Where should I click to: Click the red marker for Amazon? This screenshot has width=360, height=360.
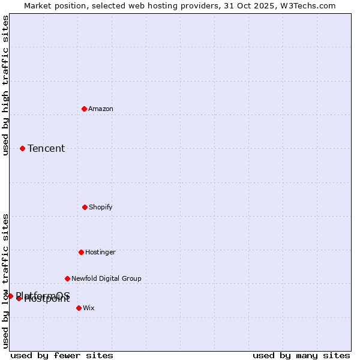point(84,109)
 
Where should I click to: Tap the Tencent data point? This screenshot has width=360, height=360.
point(22,148)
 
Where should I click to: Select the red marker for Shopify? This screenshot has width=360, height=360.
point(85,207)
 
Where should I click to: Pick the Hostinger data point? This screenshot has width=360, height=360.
point(81,252)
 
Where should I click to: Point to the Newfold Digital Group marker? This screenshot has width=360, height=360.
point(67,278)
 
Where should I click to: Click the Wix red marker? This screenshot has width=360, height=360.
point(79,308)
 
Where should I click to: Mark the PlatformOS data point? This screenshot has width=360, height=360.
point(10,296)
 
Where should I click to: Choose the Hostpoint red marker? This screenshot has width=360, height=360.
point(19,298)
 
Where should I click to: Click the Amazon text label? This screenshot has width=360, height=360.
point(101,109)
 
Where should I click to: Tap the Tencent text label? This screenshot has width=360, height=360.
point(46,148)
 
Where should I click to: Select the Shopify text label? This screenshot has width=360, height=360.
point(101,207)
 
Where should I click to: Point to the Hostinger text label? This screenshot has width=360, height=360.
point(100,252)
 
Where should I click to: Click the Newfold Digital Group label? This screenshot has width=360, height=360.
point(106,278)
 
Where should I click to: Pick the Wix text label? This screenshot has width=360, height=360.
point(89,308)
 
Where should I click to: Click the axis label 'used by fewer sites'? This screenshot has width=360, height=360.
point(62,355)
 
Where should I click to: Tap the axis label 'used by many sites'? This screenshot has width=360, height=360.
point(301,355)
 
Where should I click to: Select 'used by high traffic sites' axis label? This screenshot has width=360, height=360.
point(5,85)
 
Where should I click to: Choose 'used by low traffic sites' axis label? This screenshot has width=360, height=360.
point(5,281)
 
